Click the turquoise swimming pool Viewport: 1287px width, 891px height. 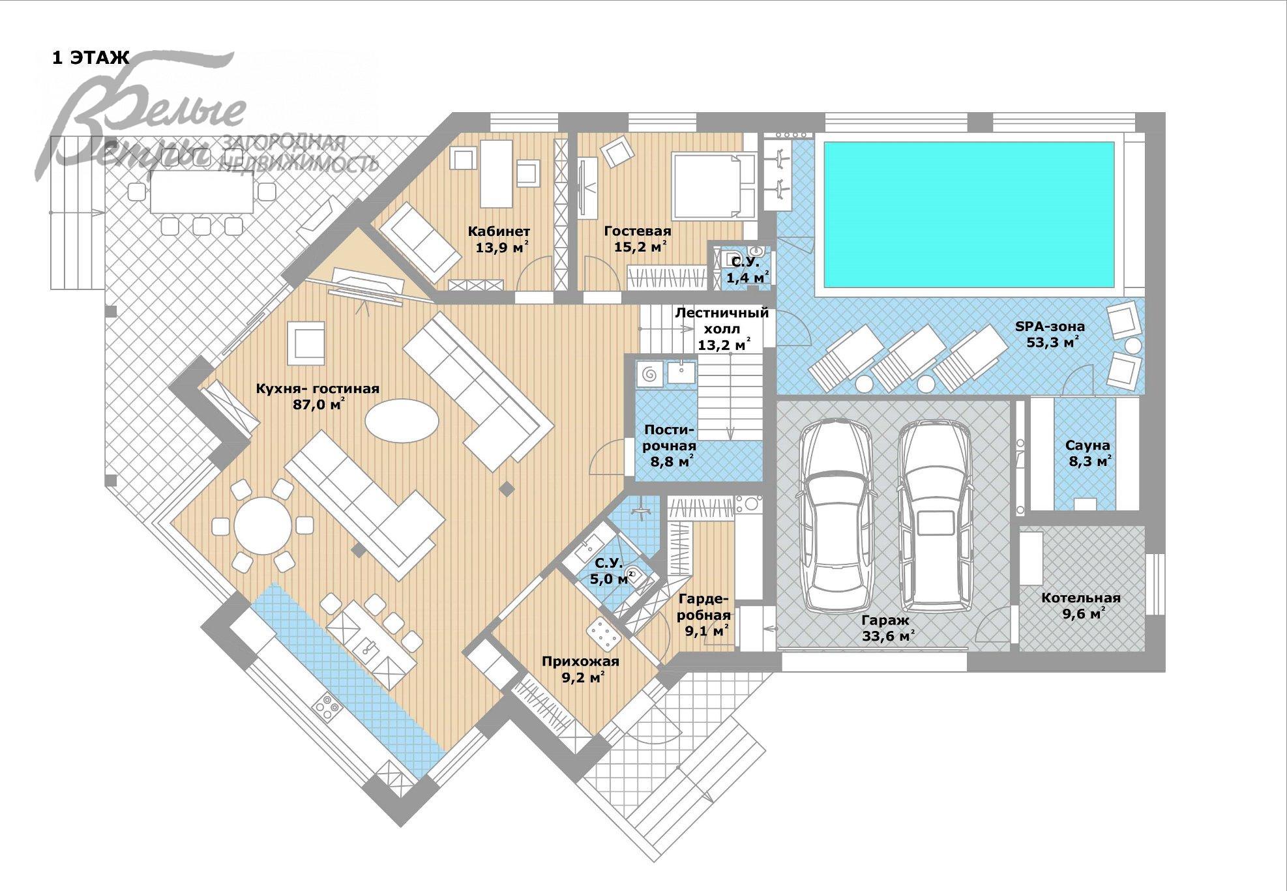tap(969, 214)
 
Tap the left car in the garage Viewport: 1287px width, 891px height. tap(836, 518)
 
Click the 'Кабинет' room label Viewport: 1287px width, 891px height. tap(499, 231)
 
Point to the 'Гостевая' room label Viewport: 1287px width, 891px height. tap(638, 231)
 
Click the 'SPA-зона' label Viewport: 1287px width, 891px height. tap(1050, 327)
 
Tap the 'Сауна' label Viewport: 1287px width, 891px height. tap(1087, 446)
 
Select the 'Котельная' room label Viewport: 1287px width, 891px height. tap(1081, 598)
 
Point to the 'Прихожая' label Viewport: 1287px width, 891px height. tap(580, 662)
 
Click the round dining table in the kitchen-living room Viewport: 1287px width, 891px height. tap(263, 525)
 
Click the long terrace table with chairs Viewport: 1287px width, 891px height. tap(201, 192)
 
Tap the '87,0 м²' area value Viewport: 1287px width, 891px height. tap(319, 404)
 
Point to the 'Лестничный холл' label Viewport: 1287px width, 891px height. tap(722, 320)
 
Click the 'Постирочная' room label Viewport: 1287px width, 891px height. tap(670, 437)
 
